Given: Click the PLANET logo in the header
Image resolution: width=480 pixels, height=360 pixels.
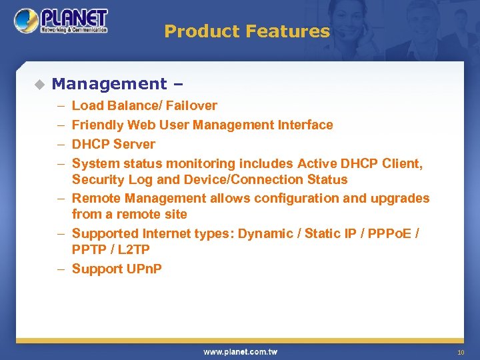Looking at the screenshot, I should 61,21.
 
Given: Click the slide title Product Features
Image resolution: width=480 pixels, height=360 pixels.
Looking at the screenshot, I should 247,31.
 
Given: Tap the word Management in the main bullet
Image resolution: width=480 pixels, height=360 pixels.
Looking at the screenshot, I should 109,84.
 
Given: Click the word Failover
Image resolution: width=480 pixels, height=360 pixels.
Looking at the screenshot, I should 192,105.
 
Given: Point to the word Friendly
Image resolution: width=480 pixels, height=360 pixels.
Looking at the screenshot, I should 98,125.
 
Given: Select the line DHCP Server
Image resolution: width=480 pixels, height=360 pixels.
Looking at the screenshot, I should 113,144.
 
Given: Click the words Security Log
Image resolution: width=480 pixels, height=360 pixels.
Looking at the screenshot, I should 113,179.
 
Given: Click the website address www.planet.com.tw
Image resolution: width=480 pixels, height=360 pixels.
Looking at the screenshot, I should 240,351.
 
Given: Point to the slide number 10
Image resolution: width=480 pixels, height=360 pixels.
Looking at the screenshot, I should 460,352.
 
